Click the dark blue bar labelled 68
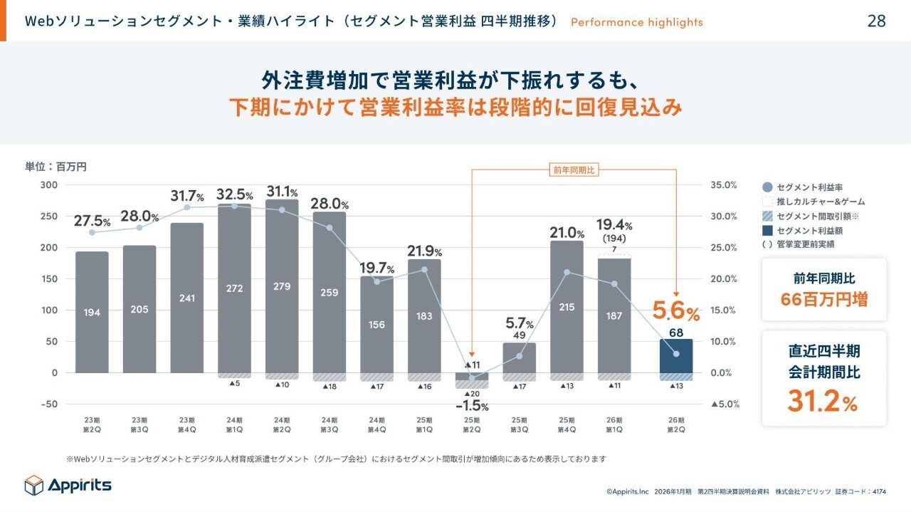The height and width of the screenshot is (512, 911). click(x=675, y=355)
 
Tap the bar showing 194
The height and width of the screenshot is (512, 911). click(x=92, y=312)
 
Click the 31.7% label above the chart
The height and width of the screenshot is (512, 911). click(x=187, y=195)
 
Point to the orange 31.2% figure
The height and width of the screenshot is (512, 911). click(x=823, y=402)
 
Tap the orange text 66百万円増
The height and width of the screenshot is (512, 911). click(x=823, y=299)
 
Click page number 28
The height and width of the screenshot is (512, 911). click(x=877, y=21)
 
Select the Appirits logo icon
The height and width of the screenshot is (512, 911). click(x=34, y=485)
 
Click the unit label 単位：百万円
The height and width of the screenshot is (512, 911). click(x=56, y=167)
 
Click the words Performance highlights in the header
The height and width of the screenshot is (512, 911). click(x=636, y=22)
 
